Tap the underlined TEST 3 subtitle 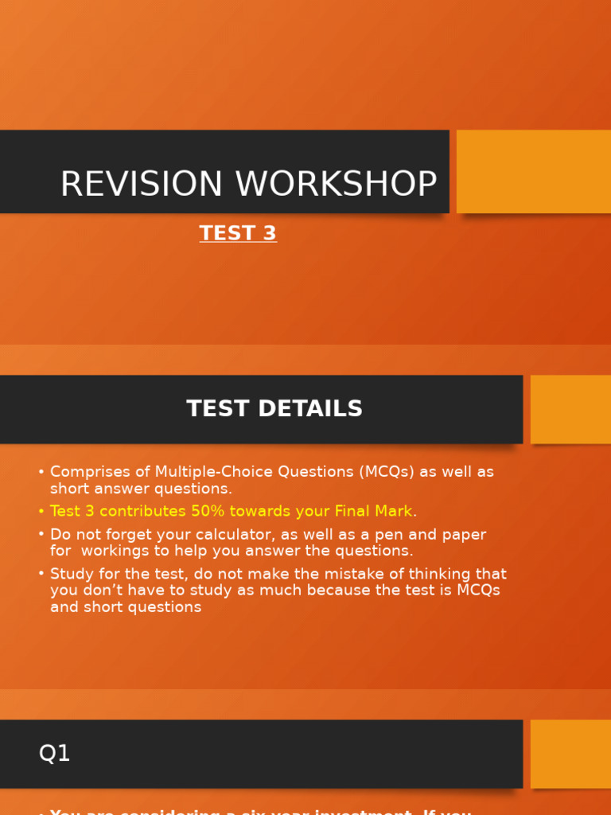(x=238, y=233)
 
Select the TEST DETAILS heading (x=274, y=409)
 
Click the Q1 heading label (x=54, y=753)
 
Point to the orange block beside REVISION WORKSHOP (x=533, y=171)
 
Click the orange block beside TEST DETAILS (x=570, y=409)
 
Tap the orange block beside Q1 (x=570, y=754)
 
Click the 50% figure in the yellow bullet (x=208, y=511)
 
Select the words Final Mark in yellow (x=373, y=511)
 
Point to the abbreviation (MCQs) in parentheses (x=387, y=472)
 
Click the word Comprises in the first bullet (x=87, y=472)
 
